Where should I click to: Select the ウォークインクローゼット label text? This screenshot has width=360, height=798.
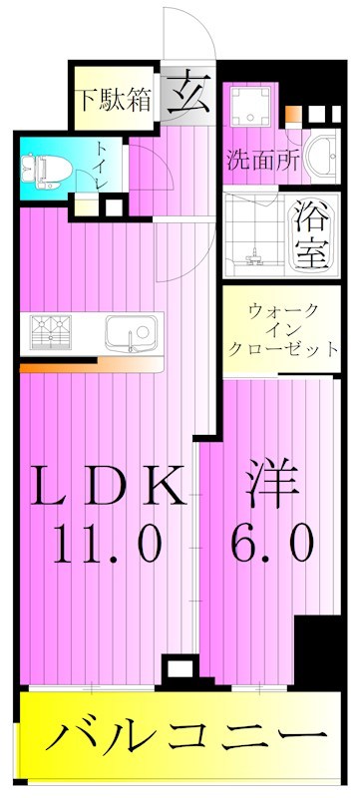282,331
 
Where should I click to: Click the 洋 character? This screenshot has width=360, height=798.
270,487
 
